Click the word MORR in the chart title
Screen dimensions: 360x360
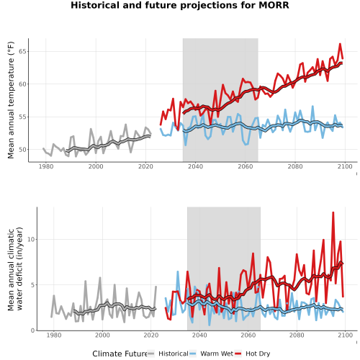[x=274, y=5]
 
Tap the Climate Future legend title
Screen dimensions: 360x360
[x=120, y=354]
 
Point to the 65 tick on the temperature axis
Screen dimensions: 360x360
[x=23, y=51]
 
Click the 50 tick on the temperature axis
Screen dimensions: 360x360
[x=23, y=150]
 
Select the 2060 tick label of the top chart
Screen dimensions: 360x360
[x=246, y=166]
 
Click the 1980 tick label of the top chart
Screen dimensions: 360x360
[x=46, y=166]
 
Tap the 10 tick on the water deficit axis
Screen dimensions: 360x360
[x=31, y=239]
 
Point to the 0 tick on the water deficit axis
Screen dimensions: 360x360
[x=33, y=330]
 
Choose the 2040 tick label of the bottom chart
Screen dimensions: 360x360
[x=199, y=335]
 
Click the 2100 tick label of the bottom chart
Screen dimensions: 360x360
[x=345, y=335]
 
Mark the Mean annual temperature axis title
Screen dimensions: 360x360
[x=11, y=100]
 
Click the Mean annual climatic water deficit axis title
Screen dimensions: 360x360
[x=15, y=269]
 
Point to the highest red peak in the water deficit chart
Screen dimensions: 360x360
[x=333, y=212]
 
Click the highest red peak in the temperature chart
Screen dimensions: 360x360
[x=340, y=44]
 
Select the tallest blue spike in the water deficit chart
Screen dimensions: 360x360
[x=178, y=271]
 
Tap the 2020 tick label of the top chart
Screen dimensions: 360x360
[x=145, y=166]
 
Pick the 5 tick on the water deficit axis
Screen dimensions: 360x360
[x=33, y=285]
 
